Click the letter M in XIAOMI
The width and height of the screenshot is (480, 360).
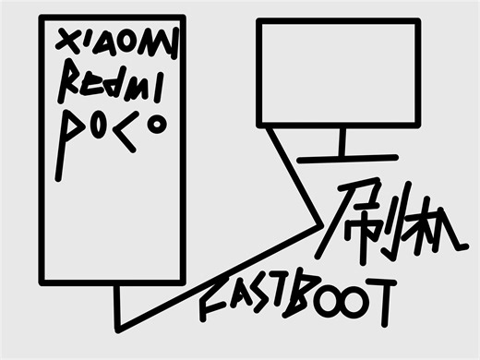(156, 42)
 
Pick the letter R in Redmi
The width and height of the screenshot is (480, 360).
(70, 83)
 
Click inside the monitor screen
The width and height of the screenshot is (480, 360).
(338, 74)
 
